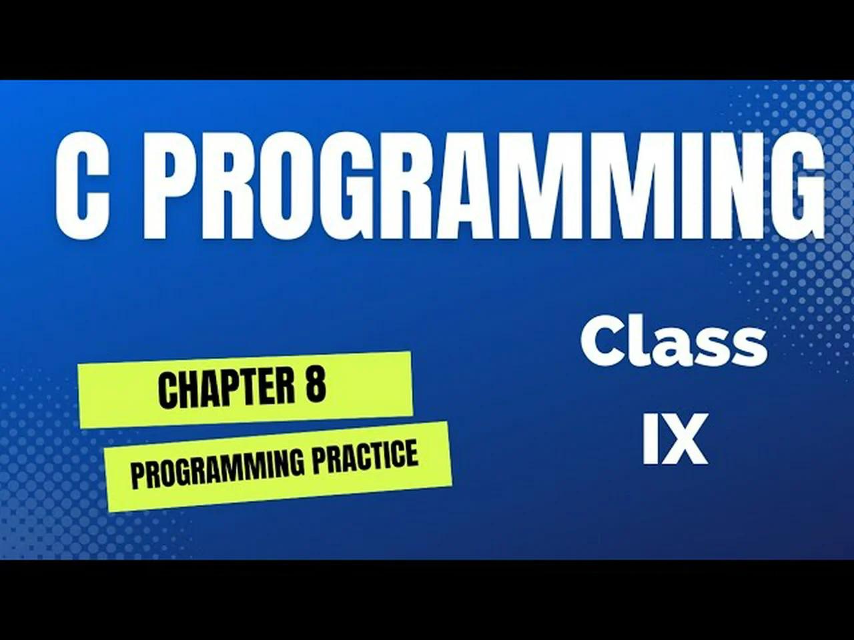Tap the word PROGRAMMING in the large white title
[490, 184]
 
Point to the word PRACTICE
[366, 456]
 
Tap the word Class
[673, 341]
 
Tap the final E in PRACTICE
[410, 453]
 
